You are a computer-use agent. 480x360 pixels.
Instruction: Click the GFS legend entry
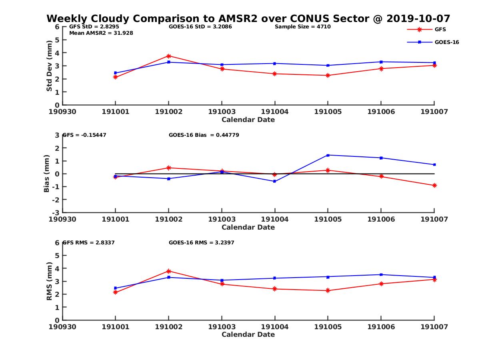(x=440, y=29)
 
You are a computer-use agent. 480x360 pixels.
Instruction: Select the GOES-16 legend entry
(x=446, y=42)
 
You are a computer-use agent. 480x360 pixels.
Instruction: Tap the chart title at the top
(x=248, y=18)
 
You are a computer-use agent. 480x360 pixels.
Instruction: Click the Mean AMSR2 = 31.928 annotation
(x=101, y=33)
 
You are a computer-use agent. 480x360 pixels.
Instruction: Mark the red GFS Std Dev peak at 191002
(x=169, y=56)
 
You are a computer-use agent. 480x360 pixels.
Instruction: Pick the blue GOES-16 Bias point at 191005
(x=328, y=155)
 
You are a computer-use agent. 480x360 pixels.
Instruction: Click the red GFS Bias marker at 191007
(x=434, y=186)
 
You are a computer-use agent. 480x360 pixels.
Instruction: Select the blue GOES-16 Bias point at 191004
(x=274, y=181)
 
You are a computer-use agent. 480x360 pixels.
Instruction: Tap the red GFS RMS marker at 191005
(x=328, y=290)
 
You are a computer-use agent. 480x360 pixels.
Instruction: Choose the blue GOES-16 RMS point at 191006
(x=381, y=274)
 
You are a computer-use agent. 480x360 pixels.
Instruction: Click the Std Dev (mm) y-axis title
(x=49, y=66)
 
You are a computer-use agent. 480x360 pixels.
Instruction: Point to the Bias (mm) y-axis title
(x=47, y=173)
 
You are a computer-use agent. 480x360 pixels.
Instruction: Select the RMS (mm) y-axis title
(x=49, y=281)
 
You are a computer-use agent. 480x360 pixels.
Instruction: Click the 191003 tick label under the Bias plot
(x=222, y=219)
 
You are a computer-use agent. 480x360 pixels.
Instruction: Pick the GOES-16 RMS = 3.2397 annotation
(x=202, y=242)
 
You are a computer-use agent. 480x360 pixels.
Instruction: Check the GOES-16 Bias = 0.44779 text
(x=204, y=135)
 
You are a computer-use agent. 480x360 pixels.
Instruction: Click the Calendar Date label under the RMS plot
(x=248, y=334)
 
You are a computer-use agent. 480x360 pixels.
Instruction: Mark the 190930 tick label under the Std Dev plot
(x=62, y=112)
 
